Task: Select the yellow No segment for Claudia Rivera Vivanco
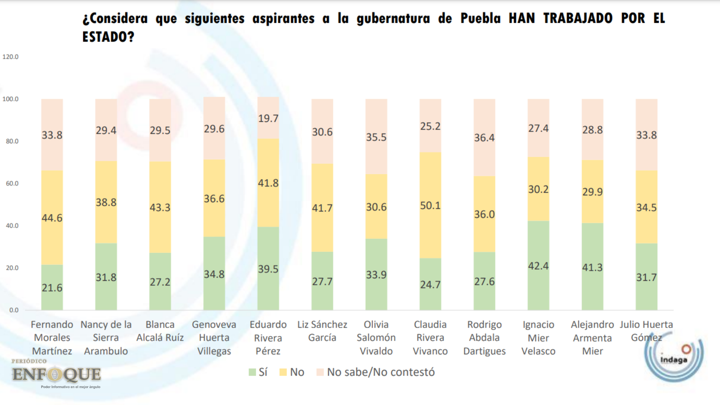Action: pyautogui.click(x=430, y=205)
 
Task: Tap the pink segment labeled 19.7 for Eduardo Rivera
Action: pyautogui.click(x=268, y=118)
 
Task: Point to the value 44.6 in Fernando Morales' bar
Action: pyautogui.click(x=52, y=218)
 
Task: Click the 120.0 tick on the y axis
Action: pyautogui.click(x=10, y=57)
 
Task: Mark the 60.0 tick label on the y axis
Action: pyautogui.click(x=12, y=183)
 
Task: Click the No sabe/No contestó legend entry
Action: pyautogui.click(x=376, y=372)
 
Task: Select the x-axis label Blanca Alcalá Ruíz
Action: pyautogui.click(x=160, y=331)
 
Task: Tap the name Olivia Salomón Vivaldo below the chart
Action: pyautogui.click(x=376, y=337)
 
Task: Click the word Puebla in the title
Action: pyautogui.click(x=480, y=18)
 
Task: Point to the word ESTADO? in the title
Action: pyautogui.click(x=108, y=37)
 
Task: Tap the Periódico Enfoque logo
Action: pyautogui.click(x=56, y=373)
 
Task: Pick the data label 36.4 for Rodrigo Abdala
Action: pyautogui.click(x=484, y=138)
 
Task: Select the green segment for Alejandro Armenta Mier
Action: pyautogui.click(x=592, y=267)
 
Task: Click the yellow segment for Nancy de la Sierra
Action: pyautogui.click(x=106, y=202)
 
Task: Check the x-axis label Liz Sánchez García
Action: pyautogui.click(x=322, y=331)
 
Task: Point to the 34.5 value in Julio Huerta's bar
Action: pyautogui.click(x=646, y=207)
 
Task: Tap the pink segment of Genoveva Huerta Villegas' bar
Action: pyautogui.click(x=214, y=128)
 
